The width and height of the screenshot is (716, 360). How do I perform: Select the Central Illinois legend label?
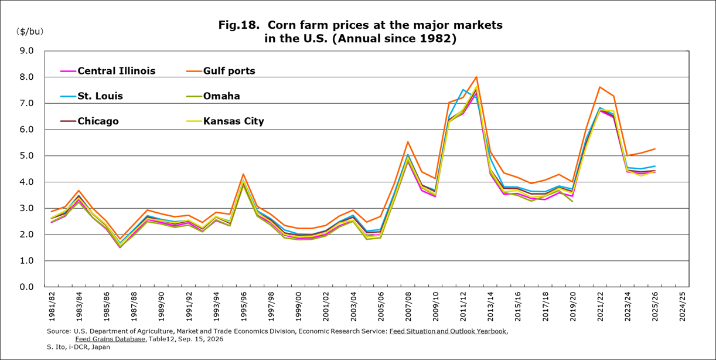click(117, 71)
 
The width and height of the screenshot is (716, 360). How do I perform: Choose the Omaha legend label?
click(221, 96)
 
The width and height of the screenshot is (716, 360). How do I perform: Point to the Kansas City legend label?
click(234, 121)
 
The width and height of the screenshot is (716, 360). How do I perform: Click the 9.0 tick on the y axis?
click(26, 50)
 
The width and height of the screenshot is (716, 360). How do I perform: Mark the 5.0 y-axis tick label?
click(26, 155)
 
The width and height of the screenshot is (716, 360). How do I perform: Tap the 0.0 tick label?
click(26, 287)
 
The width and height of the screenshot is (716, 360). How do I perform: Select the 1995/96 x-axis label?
click(244, 306)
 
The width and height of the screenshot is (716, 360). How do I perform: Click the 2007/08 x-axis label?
click(408, 306)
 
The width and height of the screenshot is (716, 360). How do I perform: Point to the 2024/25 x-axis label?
click(683, 306)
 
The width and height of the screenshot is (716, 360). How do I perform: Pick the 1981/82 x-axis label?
click(52, 306)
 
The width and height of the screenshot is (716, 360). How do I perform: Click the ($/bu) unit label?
click(30, 31)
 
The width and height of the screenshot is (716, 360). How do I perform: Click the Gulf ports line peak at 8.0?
click(476, 77)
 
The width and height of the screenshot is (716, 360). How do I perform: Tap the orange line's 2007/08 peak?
click(408, 141)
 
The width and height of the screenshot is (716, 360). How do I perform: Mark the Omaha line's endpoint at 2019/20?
click(572, 201)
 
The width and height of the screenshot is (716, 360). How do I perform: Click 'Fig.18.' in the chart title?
click(239, 25)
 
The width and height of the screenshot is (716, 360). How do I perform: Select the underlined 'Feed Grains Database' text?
click(110, 339)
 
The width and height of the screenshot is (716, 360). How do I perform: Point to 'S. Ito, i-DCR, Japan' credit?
click(79, 347)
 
